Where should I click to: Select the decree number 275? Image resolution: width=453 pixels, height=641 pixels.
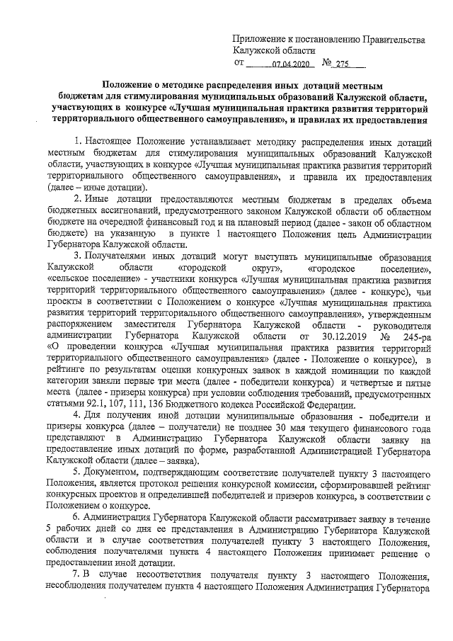344,63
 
